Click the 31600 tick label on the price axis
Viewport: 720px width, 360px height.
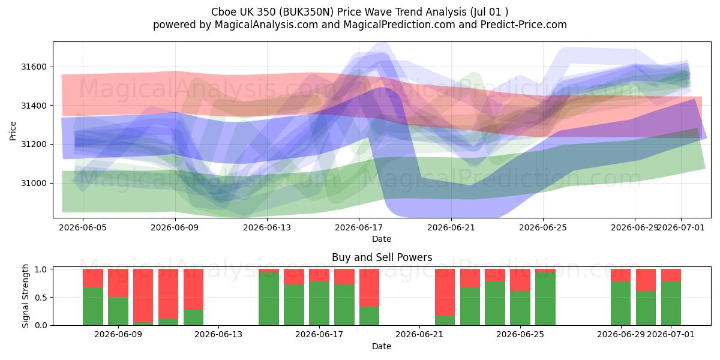(x=34, y=67)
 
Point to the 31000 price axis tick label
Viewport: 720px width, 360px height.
(x=34, y=183)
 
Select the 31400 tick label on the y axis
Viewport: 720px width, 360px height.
(x=34, y=106)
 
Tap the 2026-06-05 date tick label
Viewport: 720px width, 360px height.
(x=83, y=227)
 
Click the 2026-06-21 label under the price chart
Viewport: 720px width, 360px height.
(x=451, y=227)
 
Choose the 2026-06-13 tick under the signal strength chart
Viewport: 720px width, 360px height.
(x=218, y=335)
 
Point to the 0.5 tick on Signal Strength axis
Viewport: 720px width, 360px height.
(x=41, y=298)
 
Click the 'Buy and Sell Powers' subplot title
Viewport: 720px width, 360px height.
(x=382, y=257)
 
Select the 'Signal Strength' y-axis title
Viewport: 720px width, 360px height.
(x=25, y=296)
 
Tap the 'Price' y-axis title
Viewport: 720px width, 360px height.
(x=13, y=131)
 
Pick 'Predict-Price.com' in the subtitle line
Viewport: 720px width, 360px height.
(x=524, y=25)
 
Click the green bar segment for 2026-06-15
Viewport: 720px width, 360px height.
(x=269, y=299)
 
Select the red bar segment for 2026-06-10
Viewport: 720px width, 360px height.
(x=143, y=295)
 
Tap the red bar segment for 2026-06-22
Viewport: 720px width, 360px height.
(x=445, y=292)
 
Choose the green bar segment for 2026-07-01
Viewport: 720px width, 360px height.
(x=671, y=304)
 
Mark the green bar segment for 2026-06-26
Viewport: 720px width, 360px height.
(x=545, y=299)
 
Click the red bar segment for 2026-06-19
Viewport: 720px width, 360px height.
(x=370, y=287)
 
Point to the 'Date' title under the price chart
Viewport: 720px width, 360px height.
(x=382, y=239)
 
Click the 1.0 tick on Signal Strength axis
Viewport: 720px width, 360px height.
(x=41, y=269)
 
